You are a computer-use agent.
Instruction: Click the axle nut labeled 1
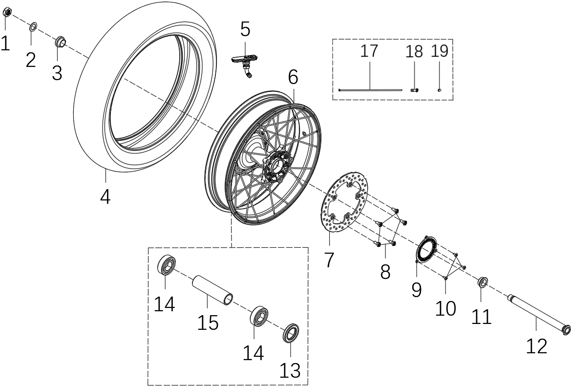pyautogui.click(x=7, y=13)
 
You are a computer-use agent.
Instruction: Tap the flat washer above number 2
pyautogui.click(x=34, y=26)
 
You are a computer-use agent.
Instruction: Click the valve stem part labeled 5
pyautogui.click(x=245, y=64)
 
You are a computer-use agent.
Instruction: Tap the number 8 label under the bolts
pyautogui.click(x=385, y=271)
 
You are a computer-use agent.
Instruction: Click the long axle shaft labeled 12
pyautogui.click(x=538, y=313)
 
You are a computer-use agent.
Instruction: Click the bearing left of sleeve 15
pyautogui.click(x=167, y=266)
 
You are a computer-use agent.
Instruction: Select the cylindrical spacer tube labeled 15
pyautogui.click(x=212, y=292)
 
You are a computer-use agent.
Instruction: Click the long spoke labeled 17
pyautogui.click(x=370, y=89)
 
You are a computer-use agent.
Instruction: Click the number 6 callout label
pyautogui.click(x=293, y=77)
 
